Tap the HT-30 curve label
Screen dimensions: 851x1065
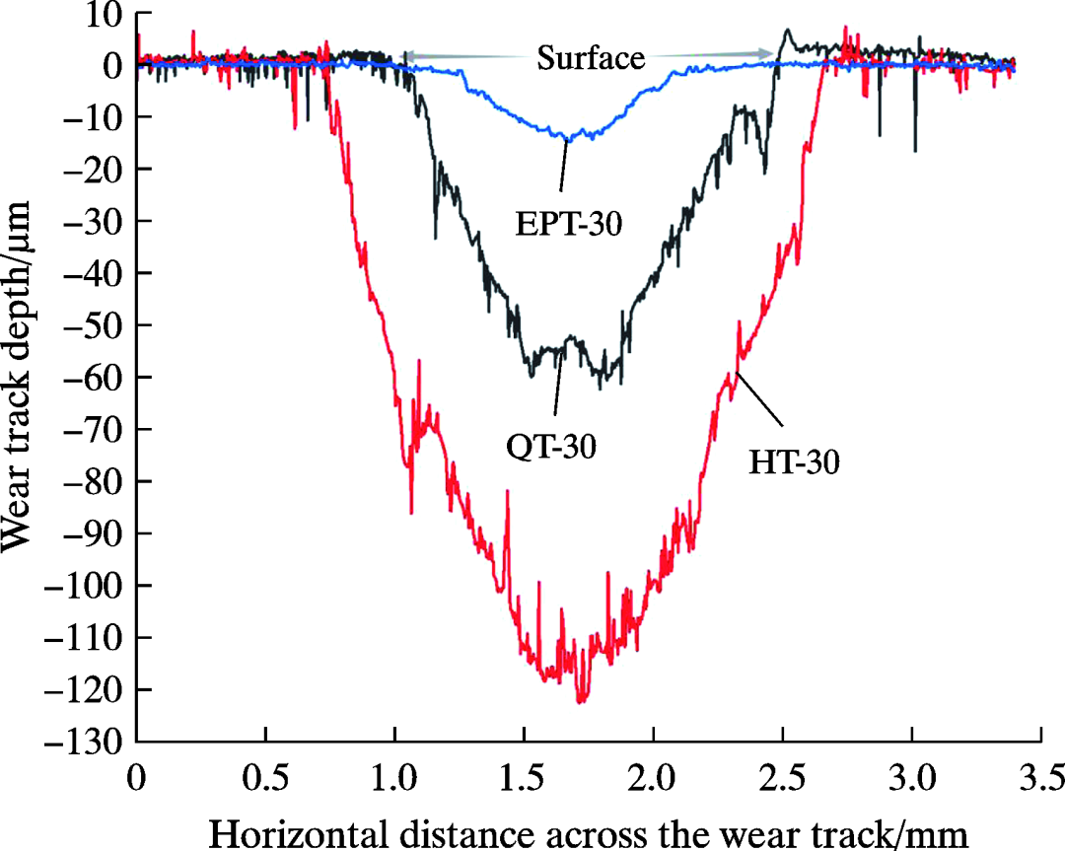tap(794, 461)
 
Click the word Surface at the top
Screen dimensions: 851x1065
tap(590, 58)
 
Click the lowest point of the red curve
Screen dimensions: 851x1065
tap(581, 702)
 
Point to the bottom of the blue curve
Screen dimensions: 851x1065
tap(566, 139)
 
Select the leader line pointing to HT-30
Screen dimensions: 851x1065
tap(758, 398)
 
